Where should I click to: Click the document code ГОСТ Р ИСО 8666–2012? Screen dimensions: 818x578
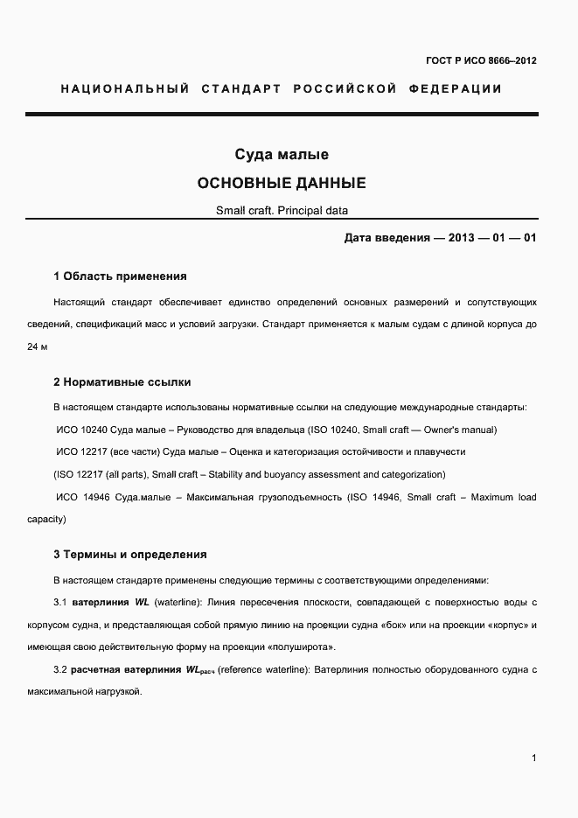coord(481,60)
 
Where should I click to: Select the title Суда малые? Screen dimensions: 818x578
coord(281,155)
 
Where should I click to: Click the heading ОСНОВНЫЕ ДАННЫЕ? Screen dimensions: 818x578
coord(281,184)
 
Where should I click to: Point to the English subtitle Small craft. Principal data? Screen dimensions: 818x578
coord(282,211)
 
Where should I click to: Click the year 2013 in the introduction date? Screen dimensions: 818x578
coord(463,238)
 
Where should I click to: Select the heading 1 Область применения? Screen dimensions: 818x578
coord(120,276)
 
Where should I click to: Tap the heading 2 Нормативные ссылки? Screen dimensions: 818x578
coord(122,382)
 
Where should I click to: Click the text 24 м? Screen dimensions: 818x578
coord(38,346)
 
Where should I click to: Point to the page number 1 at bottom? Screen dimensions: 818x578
coord(533,758)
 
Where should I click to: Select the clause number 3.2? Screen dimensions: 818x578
coord(60,669)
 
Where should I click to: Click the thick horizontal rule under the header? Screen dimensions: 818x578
coord(282,115)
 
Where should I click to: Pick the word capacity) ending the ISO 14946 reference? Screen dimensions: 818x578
coord(46,519)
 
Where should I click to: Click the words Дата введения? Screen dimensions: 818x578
coord(385,238)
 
